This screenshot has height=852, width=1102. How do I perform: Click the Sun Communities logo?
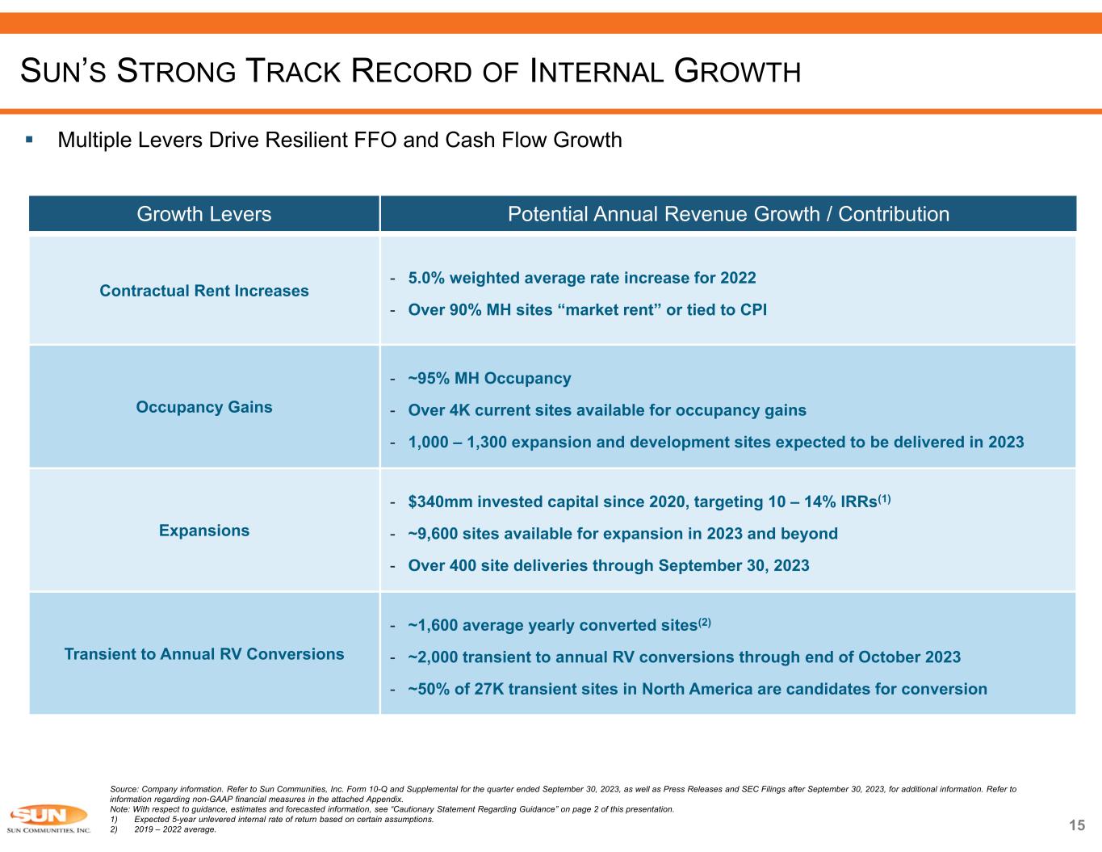tap(48, 818)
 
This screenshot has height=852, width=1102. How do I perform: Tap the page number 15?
tap(1077, 825)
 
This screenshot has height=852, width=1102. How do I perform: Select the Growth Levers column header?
tap(204, 214)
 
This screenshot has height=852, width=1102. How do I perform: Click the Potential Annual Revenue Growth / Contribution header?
tap(727, 214)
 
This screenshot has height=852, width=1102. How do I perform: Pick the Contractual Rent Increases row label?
tap(204, 291)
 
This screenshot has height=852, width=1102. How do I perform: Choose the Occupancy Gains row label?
tap(204, 407)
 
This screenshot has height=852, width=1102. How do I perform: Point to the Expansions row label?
tap(204, 531)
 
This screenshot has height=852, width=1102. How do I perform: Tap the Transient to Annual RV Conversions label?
tap(204, 654)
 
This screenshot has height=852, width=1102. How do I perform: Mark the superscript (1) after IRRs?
tap(884, 499)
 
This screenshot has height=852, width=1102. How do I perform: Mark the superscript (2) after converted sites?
tap(704, 623)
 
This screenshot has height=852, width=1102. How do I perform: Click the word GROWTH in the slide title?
tap(737, 73)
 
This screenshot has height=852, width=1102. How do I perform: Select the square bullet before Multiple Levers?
tap(29, 140)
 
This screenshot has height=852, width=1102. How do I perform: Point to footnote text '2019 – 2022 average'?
tap(175, 829)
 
